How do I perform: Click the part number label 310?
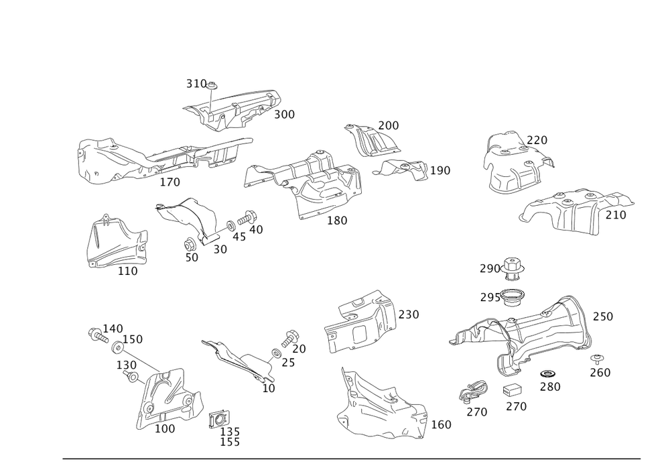196,84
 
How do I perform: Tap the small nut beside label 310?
212,85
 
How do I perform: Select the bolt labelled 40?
246,218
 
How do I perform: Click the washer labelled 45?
230,225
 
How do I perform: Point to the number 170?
170,182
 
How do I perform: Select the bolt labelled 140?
97,335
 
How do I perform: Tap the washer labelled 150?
117,348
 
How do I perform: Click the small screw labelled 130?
131,376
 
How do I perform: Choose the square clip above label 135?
219,419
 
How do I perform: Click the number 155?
230,442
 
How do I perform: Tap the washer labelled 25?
276,353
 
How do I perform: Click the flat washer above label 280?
547,374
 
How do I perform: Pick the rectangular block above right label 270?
513,390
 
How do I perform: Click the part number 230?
409,314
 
